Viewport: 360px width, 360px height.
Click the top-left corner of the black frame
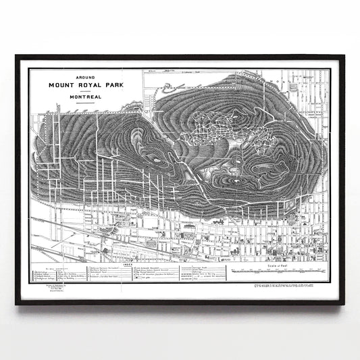tap(16, 56)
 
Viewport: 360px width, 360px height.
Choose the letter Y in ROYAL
tap(92, 86)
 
